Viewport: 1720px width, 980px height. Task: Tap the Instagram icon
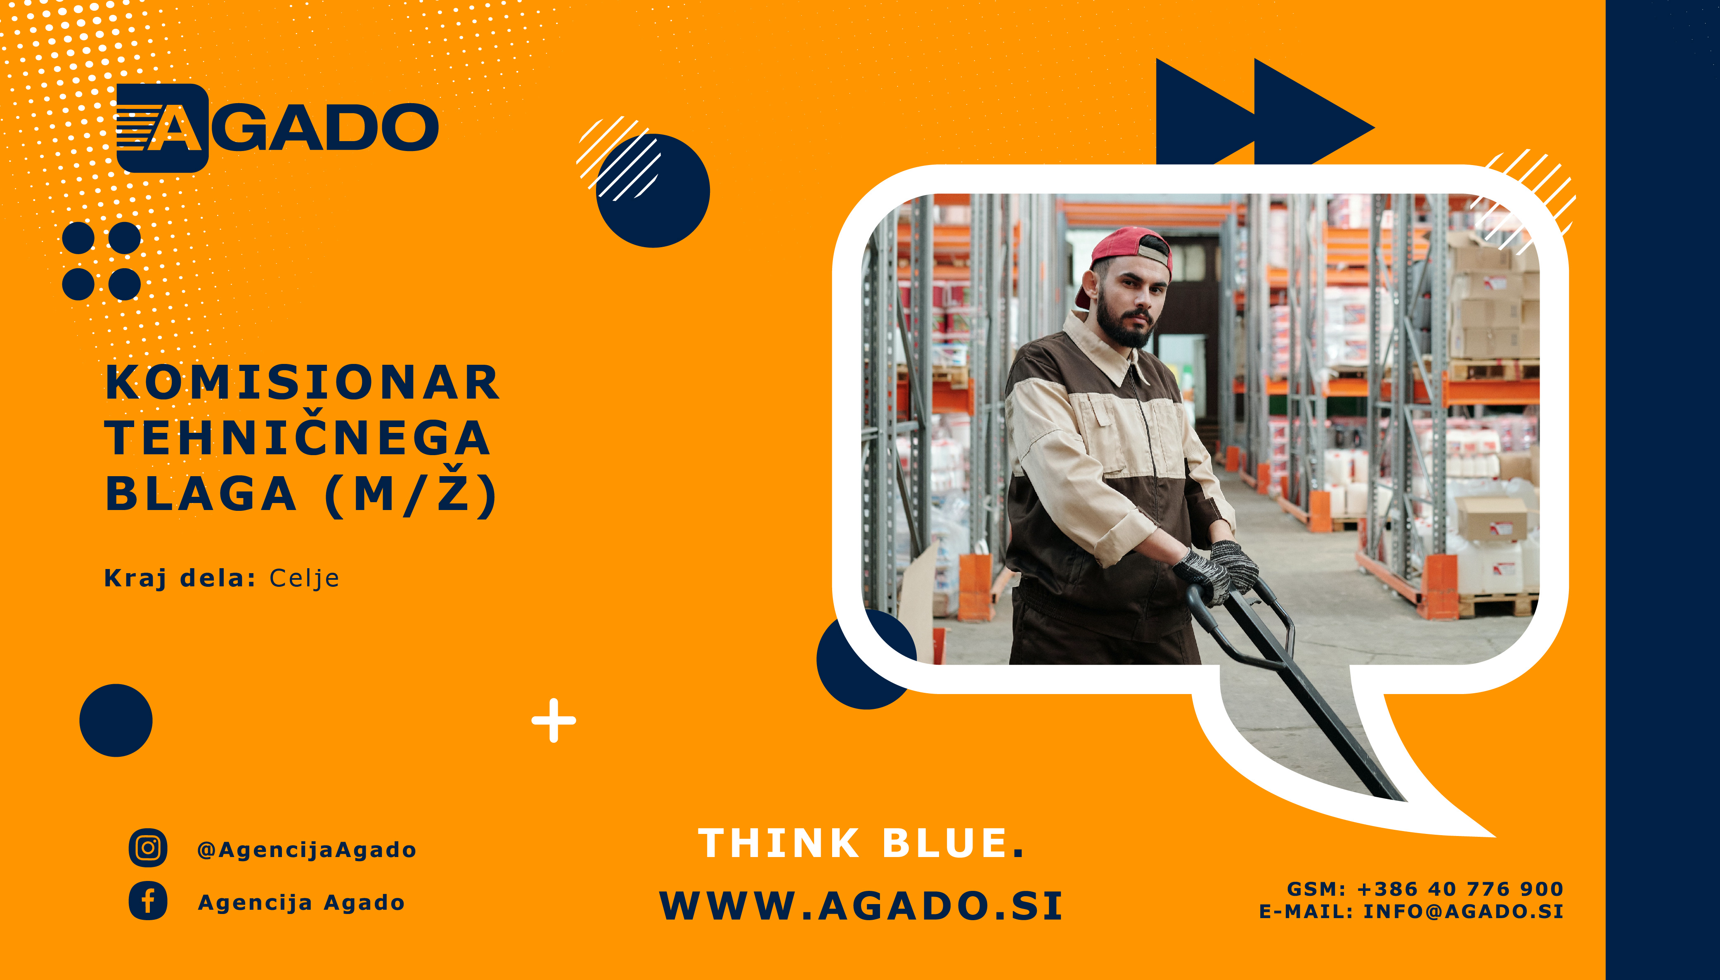tap(148, 848)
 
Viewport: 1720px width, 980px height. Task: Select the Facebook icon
tap(148, 901)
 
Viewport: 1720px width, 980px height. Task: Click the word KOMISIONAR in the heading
tap(302, 383)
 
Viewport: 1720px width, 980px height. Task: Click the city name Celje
tap(304, 578)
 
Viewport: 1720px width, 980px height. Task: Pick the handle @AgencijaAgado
tap(306, 850)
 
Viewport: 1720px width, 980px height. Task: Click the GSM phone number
tap(1460, 889)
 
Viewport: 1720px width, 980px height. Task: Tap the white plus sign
tap(554, 720)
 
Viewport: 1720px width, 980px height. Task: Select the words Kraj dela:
tap(180, 578)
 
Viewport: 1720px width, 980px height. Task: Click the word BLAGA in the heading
tap(201, 494)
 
